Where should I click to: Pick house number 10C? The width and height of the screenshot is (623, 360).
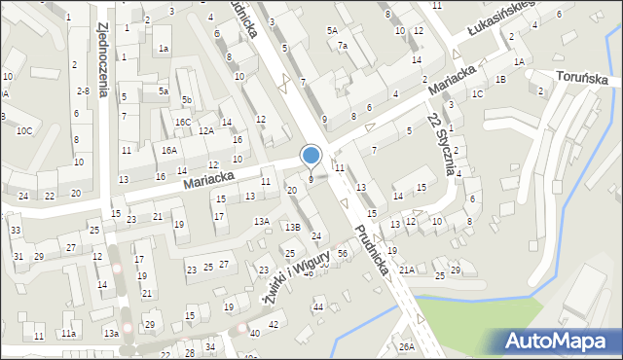click(x=23, y=130)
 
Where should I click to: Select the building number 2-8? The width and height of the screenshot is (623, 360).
click(x=83, y=90)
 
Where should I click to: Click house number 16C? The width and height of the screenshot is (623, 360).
click(x=183, y=122)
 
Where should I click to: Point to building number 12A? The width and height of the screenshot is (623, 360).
click(x=205, y=130)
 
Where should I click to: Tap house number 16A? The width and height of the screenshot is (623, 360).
click(x=169, y=150)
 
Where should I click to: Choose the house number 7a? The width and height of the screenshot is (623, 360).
click(x=342, y=46)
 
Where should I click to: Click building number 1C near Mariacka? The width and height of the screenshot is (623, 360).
click(x=477, y=94)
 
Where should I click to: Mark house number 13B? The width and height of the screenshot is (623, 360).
click(x=292, y=227)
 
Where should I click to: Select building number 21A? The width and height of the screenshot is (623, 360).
click(x=406, y=270)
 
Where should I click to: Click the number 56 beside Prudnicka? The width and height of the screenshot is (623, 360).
click(x=342, y=253)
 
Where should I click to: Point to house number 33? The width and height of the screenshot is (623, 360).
click(x=15, y=231)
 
